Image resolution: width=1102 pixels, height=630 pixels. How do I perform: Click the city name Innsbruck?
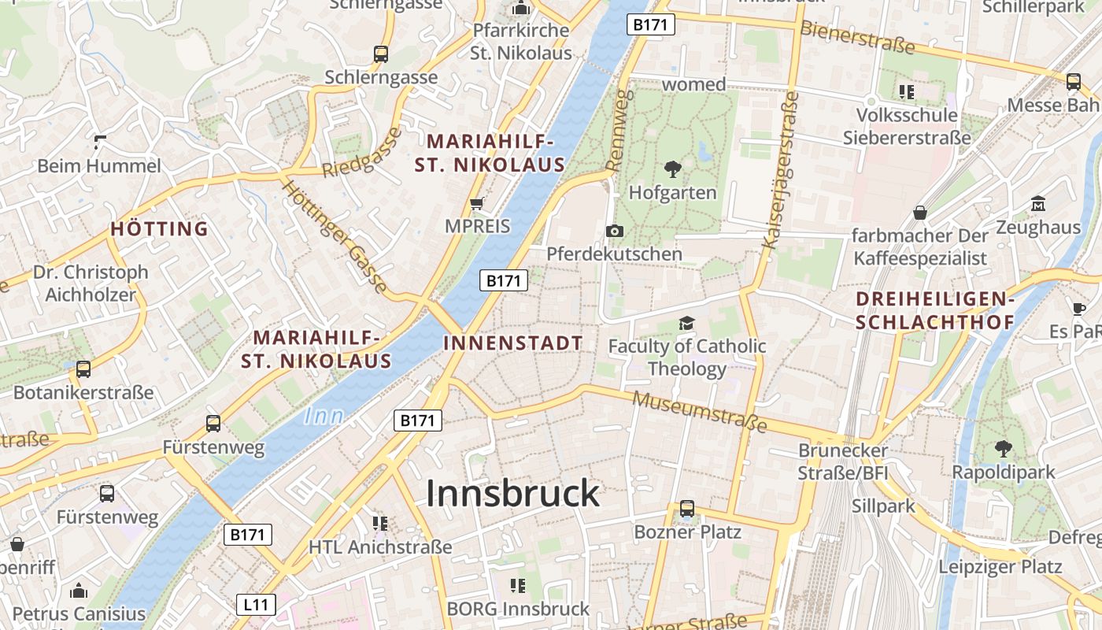[x=512, y=494]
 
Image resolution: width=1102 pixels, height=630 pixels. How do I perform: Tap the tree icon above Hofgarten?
[x=673, y=168]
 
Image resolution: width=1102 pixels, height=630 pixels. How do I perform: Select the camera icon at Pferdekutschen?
[x=615, y=231]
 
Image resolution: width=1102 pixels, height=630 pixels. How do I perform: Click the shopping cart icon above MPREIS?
[x=476, y=204]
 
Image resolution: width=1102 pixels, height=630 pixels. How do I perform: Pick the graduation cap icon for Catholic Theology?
[x=687, y=324]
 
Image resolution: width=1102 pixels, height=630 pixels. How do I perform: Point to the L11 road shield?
[x=256, y=605]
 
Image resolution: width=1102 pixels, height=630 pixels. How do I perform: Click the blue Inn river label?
[x=324, y=415]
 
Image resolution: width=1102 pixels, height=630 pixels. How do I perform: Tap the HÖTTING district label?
[x=159, y=229]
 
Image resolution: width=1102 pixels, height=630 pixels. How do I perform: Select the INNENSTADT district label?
[x=513, y=343]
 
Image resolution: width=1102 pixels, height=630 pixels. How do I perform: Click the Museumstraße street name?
[x=699, y=411]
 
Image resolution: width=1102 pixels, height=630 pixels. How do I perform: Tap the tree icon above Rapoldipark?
[x=1003, y=449]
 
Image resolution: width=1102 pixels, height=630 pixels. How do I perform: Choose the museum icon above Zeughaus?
[x=1038, y=204]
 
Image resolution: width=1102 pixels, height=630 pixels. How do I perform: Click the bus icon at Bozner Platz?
[x=687, y=509]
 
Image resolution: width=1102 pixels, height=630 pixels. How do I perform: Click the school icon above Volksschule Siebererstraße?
[x=907, y=92]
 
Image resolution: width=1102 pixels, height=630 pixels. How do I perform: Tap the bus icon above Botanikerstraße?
[x=83, y=369]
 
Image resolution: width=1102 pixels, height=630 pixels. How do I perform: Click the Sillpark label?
[x=884, y=506]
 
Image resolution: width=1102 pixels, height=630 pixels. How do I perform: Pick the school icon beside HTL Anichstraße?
[x=380, y=523]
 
